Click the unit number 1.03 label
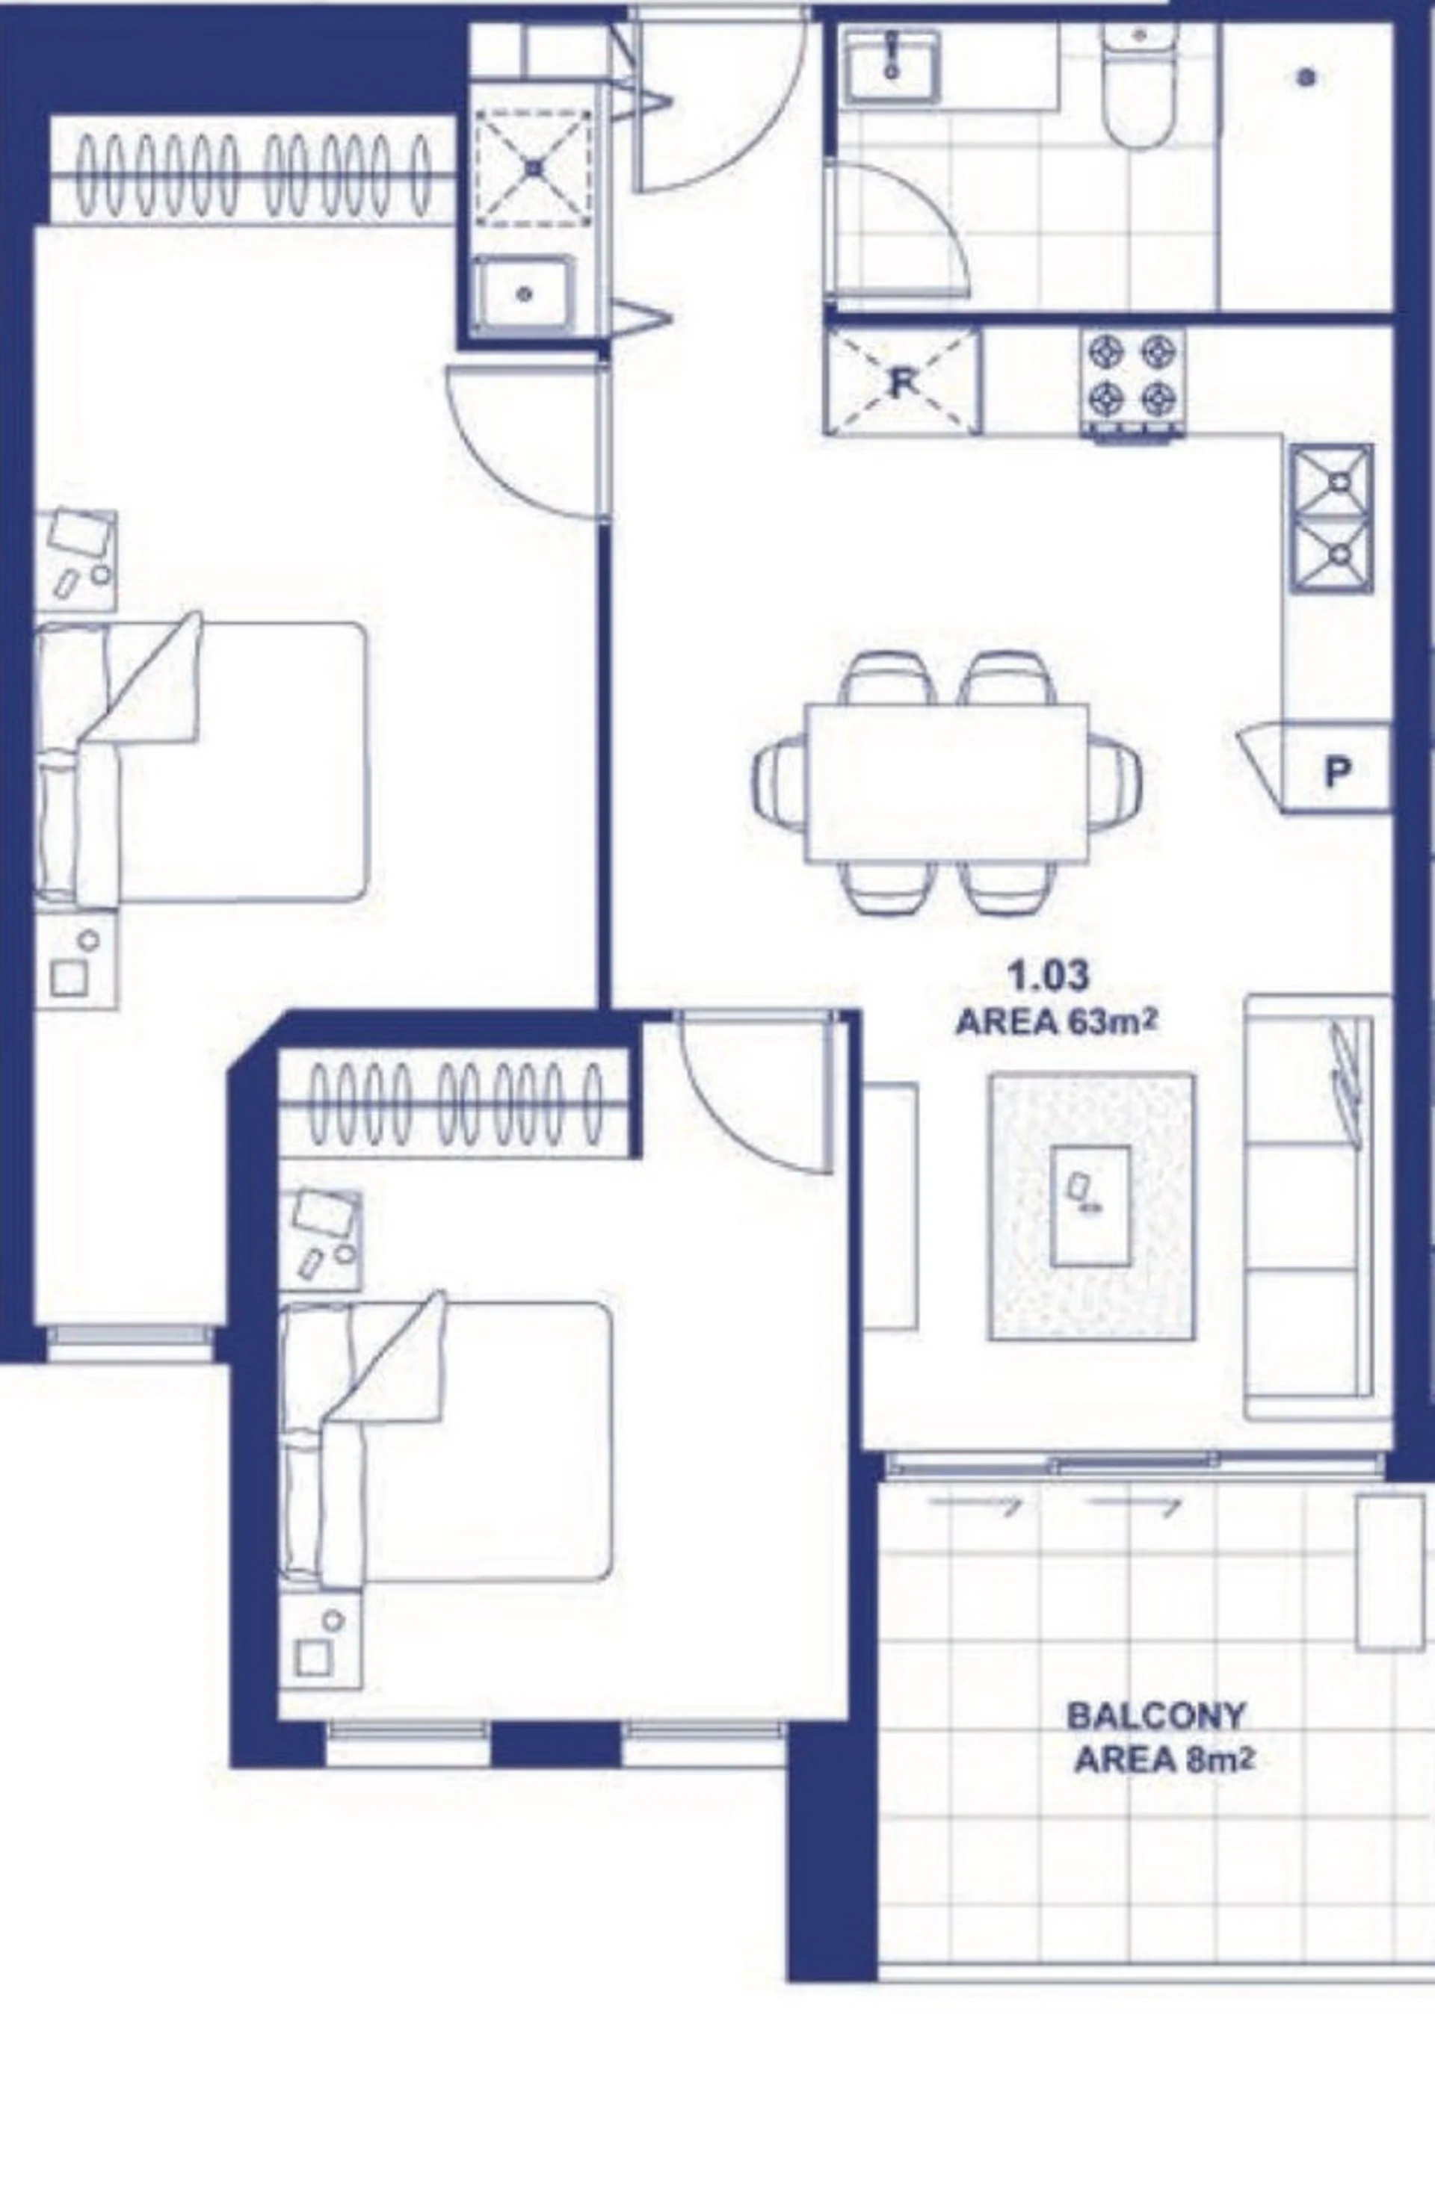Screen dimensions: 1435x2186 (1049, 974)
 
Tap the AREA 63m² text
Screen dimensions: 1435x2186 (1055, 1021)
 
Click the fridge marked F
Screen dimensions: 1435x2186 (902, 381)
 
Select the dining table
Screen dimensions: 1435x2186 (947, 784)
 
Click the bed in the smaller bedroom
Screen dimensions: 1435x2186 (445, 1441)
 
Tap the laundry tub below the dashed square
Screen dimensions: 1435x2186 (525, 294)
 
